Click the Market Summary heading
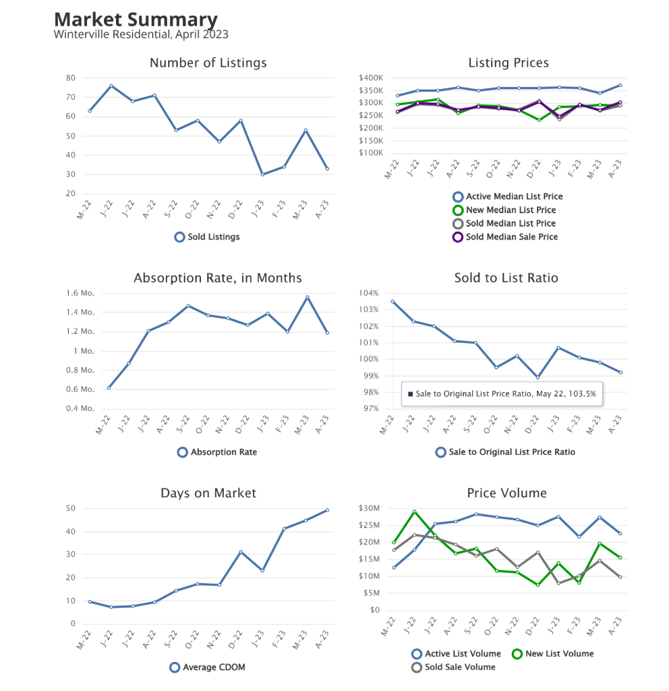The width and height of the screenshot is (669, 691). tap(136, 20)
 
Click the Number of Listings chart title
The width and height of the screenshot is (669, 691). tap(208, 63)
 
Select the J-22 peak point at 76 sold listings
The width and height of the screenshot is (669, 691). tap(111, 86)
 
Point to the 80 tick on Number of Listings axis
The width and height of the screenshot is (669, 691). tap(70, 78)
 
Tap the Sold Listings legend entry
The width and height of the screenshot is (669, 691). tap(207, 237)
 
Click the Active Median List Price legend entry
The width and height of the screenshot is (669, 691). tap(507, 196)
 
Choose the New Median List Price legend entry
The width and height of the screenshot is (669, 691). tap(504, 210)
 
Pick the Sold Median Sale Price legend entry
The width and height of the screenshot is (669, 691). tap(504, 237)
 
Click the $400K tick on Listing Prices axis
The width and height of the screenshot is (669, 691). tap(371, 78)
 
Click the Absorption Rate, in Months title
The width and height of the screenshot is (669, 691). tap(217, 278)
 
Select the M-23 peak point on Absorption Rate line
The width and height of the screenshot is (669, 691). tap(308, 298)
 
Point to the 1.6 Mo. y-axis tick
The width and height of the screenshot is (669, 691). tap(80, 293)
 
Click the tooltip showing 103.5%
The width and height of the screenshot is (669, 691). tap(502, 393)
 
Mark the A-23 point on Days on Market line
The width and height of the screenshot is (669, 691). tap(327, 510)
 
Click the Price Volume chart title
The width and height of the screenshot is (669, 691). tap(506, 493)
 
